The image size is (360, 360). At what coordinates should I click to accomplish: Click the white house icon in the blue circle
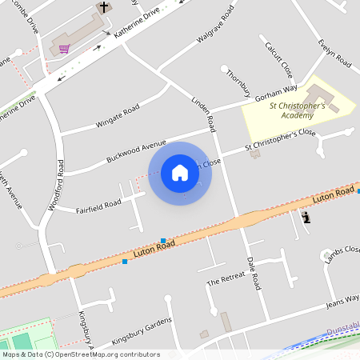180,172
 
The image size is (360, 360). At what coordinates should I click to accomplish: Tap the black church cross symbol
102,8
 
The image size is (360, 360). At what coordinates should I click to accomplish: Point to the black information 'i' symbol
306,217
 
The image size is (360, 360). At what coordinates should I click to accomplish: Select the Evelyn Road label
334,53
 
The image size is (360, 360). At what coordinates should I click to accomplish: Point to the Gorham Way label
276,91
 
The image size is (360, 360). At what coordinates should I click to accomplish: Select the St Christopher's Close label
280,140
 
